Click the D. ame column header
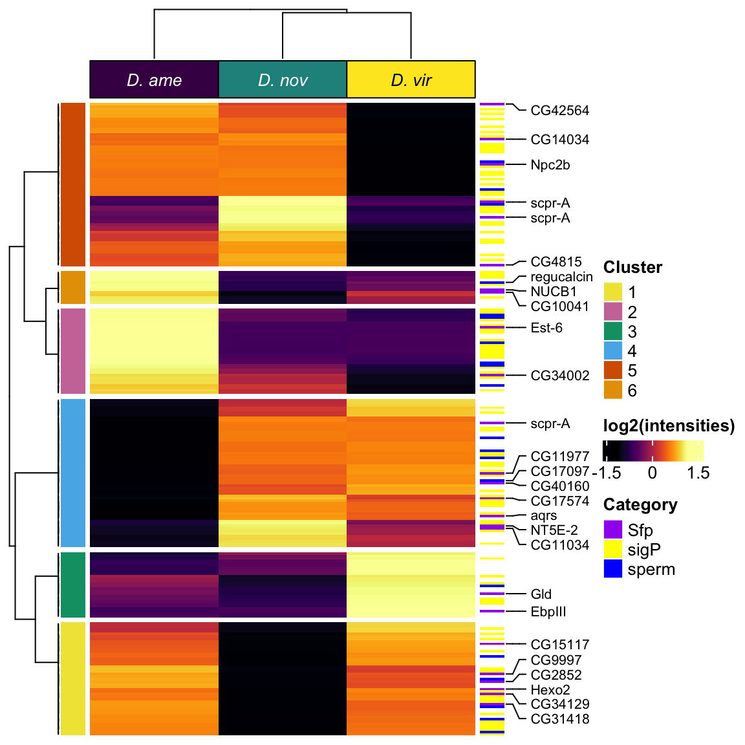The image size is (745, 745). point(154,80)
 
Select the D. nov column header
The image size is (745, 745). point(283,80)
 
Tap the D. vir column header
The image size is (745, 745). point(411,80)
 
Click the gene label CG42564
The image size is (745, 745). point(559,111)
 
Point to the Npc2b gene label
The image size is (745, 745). point(550,165)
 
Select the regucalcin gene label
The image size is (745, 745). point(561,277)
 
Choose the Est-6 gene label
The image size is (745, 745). point(546,328)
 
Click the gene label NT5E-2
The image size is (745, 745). point(554,530)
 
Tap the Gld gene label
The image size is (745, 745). point(541,594)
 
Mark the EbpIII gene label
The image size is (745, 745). point(548,612)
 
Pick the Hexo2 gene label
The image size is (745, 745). point(550,690)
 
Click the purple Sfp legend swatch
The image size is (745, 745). point(612,530)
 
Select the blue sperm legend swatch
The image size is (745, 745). point(612,569)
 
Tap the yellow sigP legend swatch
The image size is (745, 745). point(612,550)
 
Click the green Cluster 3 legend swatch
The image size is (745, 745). point(612,331)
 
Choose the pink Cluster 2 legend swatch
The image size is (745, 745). point(612,312)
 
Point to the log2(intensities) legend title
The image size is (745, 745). point(669,426)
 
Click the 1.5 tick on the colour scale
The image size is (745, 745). point(698,473)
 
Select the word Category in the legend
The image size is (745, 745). point(640,504)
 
